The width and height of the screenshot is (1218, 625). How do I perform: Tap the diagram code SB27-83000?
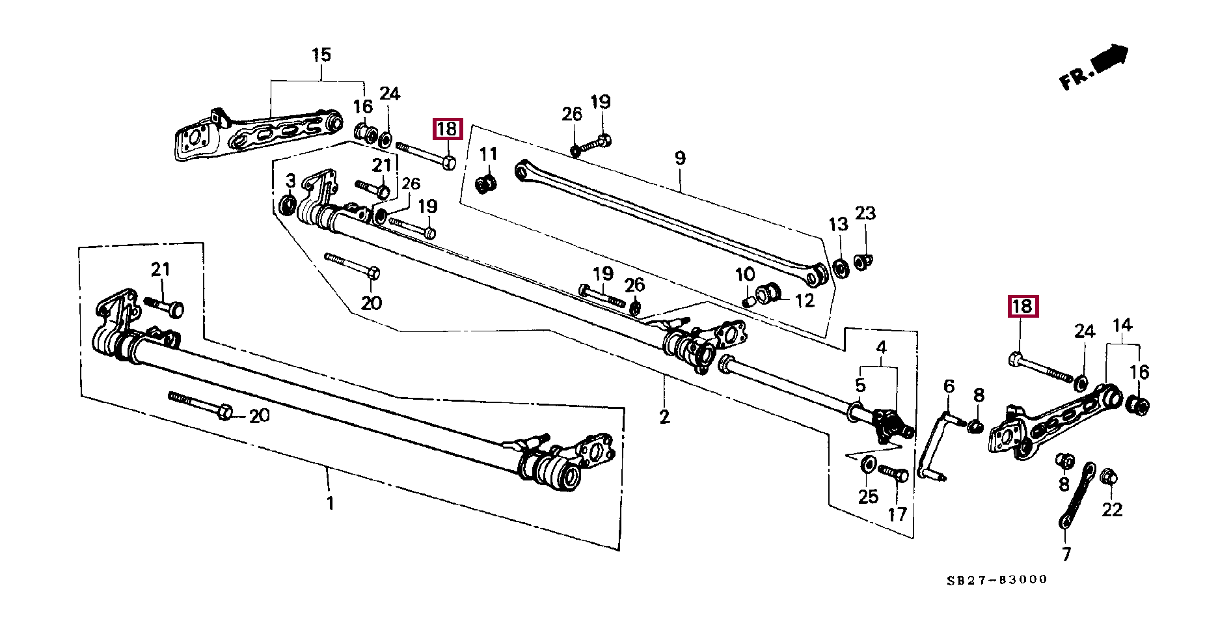click(997, 579)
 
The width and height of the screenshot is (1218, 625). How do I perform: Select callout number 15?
click(321, 55)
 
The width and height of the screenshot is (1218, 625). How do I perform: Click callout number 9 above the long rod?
click(680, 158)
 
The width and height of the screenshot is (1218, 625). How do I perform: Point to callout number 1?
click(331, 503)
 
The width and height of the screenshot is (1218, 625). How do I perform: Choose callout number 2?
click(664, 417)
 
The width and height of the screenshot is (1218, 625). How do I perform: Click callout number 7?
click(1066, 554)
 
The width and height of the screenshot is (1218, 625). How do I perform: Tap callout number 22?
click(1112, 510)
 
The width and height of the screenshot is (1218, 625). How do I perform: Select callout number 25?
click(868, 497)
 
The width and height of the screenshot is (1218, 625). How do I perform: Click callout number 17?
click(897, 514)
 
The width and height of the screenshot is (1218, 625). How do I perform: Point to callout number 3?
click(291, 181)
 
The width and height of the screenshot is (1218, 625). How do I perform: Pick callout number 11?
click(488, 154)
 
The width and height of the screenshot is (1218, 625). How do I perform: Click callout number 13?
click(838, 225)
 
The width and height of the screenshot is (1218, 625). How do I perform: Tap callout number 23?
click(865, 214)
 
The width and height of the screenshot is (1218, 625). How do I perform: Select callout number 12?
click(805, 301)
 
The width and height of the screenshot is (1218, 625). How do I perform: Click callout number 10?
click(745, 275)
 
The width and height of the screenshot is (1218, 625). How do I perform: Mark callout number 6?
click(949, 387)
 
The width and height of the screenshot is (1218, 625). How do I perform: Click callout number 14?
click(1122, 325)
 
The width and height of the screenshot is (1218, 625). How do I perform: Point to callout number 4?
click(881, 348)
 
